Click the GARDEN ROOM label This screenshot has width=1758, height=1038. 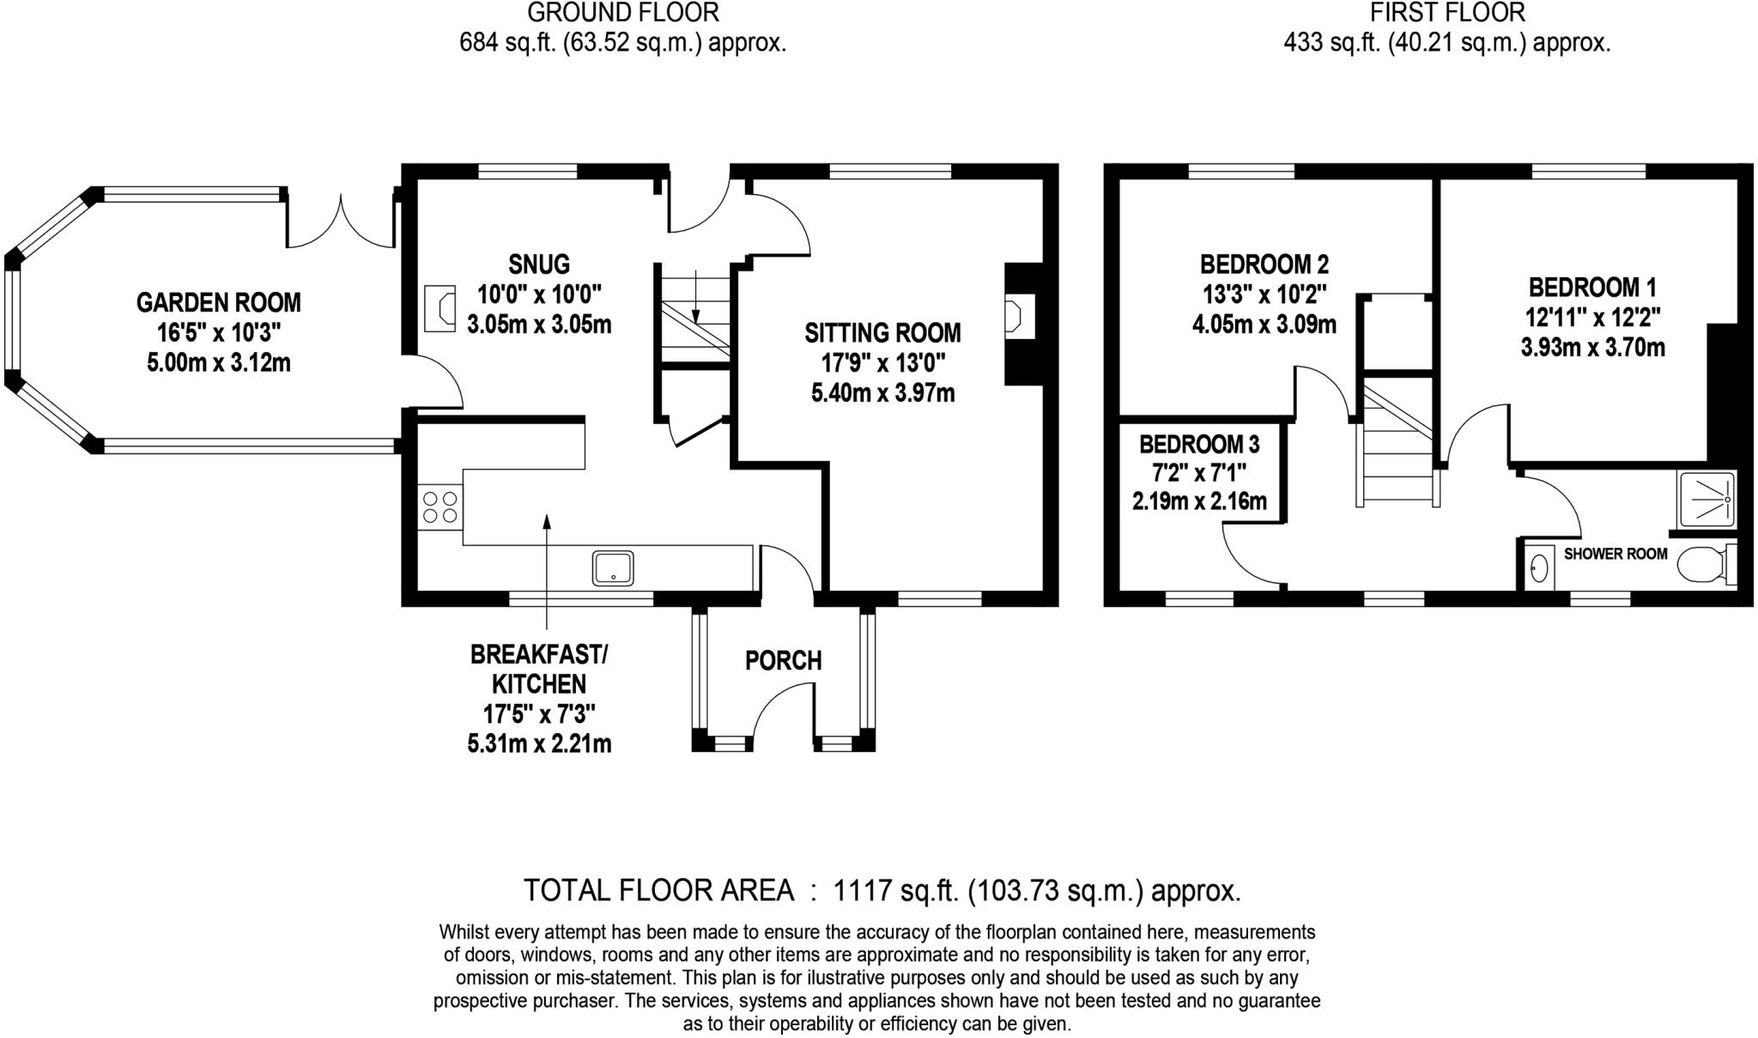218,302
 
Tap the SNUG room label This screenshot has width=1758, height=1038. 538,264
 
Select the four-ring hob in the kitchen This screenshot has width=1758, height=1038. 439,507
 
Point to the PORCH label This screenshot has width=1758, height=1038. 783,660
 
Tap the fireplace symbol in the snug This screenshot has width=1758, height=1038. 440,307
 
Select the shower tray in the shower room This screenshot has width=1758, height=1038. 1707,498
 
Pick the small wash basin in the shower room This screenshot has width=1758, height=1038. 1540,568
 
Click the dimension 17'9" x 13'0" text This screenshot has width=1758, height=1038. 882,363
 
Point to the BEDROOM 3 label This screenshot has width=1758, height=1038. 1199,444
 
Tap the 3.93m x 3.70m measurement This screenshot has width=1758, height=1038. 1592,348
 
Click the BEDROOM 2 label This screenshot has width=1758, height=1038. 1264,264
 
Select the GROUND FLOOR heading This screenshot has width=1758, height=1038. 622,13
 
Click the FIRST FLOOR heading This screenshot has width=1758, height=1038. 1446,13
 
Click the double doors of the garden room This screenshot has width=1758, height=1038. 341,225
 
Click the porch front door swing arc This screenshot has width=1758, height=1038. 777,704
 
